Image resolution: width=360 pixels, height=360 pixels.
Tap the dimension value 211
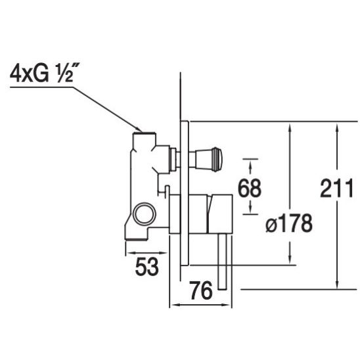336,189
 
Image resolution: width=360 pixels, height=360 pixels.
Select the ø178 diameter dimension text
289,223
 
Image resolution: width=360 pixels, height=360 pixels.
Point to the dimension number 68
250,188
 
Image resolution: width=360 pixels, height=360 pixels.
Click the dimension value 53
147,267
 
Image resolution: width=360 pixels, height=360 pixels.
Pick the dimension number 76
201,290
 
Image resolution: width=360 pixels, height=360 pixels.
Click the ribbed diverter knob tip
217,160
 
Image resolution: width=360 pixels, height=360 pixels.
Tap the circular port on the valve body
145,214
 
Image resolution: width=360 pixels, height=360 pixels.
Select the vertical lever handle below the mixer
222,261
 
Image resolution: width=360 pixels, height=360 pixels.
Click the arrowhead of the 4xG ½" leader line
139,129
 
